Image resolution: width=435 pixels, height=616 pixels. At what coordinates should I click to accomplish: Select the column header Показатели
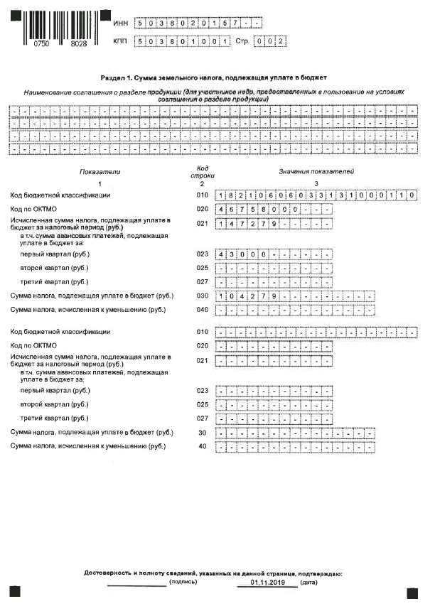[x=101, y=172]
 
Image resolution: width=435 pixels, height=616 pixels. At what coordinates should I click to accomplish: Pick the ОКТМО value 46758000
[x=247, y=210]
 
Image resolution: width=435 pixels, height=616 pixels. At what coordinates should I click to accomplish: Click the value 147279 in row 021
[x=242, y=225]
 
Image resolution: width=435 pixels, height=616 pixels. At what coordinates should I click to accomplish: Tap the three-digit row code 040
[x=201, y=310]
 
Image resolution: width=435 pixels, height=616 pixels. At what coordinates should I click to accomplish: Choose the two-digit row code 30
[x=203, y=432]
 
